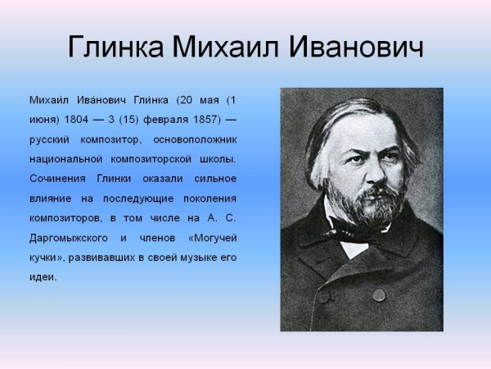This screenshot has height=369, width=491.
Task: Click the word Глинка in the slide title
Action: [x=114, y=47]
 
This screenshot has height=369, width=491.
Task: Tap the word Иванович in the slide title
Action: [x=355, y=47]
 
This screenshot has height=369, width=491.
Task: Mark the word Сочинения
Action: [x=57, y=178]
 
